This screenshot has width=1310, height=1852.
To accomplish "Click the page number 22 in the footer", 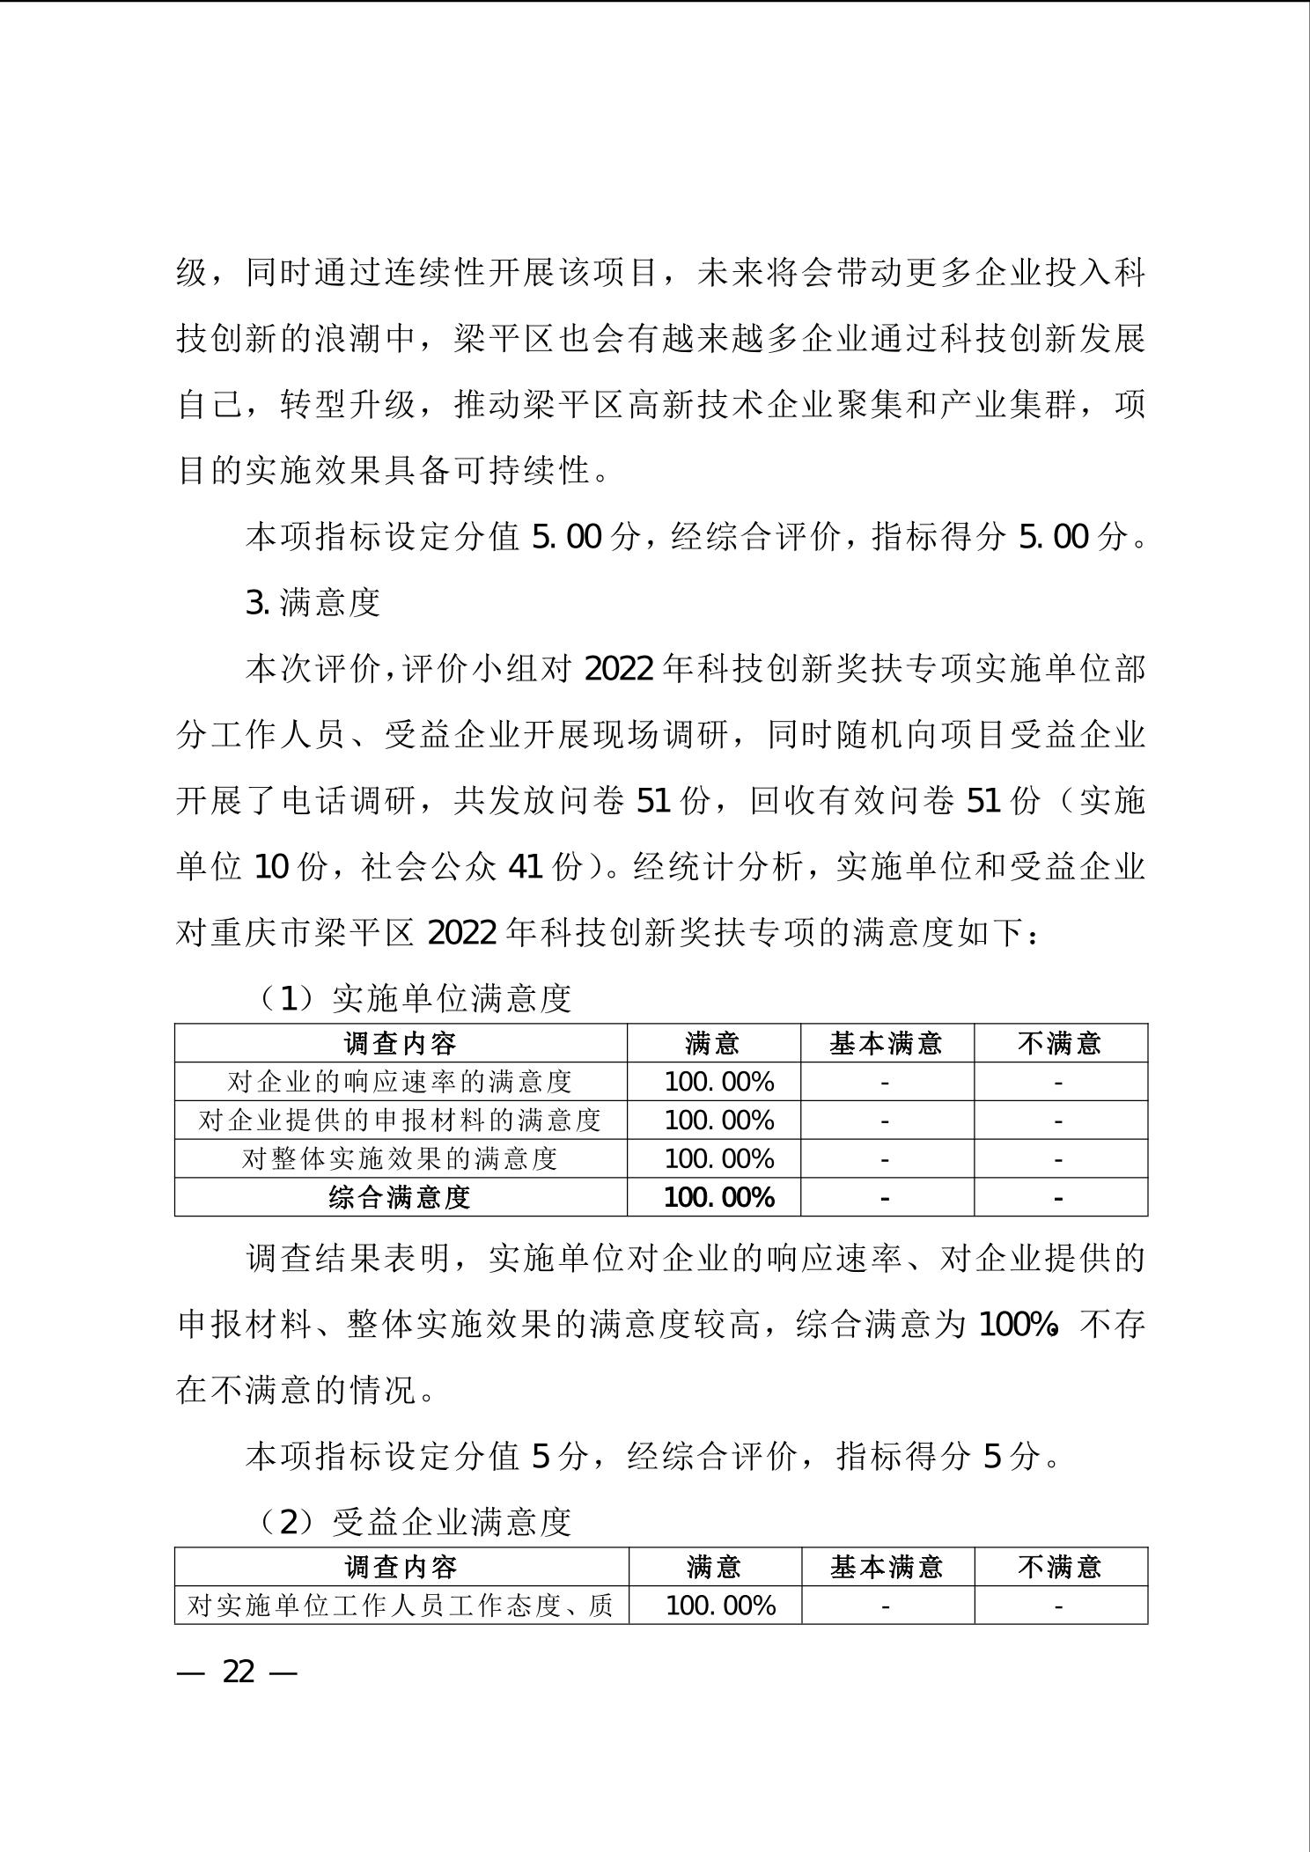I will (238, 1672).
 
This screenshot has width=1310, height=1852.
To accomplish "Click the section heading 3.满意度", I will (313, 603).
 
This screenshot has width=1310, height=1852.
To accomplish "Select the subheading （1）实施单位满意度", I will (415, 998).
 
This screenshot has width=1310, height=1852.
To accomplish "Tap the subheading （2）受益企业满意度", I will (415, 1522).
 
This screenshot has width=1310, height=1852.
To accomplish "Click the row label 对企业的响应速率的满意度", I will (400, 1081).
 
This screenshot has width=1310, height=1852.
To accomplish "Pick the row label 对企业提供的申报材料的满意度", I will (400, 1120).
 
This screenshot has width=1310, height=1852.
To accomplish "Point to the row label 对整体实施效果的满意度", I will (400, 1158).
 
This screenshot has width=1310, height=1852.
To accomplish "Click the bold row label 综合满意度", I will (400, 1197).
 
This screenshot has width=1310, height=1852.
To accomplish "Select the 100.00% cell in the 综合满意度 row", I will (718, 1197).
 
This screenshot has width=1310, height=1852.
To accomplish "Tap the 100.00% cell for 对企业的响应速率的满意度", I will (718, 1081).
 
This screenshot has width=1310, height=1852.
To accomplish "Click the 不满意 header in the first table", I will (1059, 1043).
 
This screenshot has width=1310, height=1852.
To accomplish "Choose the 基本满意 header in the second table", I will (887, 1567).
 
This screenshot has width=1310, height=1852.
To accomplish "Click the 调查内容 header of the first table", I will (400, 1043).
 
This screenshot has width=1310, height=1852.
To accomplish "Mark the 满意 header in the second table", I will (714, 1567).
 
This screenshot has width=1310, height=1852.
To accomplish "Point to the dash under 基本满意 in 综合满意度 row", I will (885, 1198).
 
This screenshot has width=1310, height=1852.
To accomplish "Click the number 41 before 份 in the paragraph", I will (526, 868).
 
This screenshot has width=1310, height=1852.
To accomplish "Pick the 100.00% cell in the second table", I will (720, 1606).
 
